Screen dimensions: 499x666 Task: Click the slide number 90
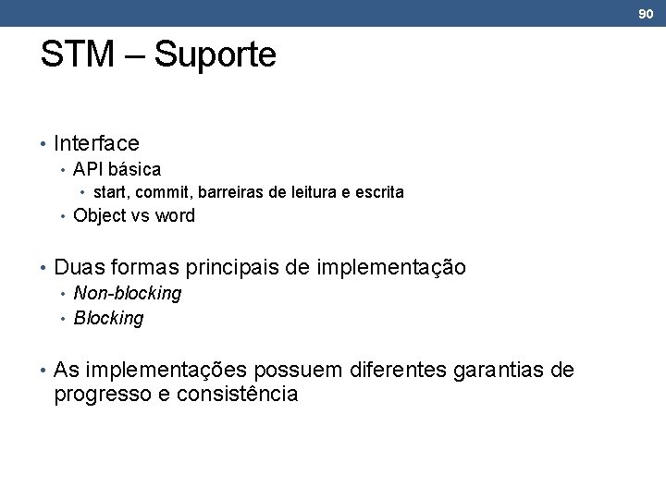[646, 13]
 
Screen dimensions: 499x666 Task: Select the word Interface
[96, 143]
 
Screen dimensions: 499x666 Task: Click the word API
[88, 169]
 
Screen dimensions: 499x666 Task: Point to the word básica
[134, 169]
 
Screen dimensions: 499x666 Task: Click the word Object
[100, 216]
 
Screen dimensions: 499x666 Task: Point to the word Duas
[79, 268]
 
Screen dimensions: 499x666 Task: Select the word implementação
[391, 269]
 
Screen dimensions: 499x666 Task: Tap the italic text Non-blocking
[127, 294]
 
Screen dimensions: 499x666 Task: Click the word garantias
[499, 371]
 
